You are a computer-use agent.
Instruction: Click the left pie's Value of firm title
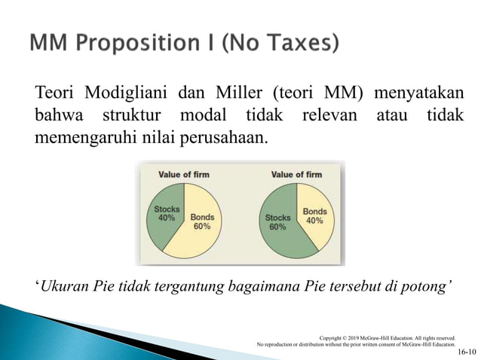[x=183, y=175]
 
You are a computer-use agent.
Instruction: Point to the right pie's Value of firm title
[x=296, y=175]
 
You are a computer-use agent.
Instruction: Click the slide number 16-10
[x=467, y=352]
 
